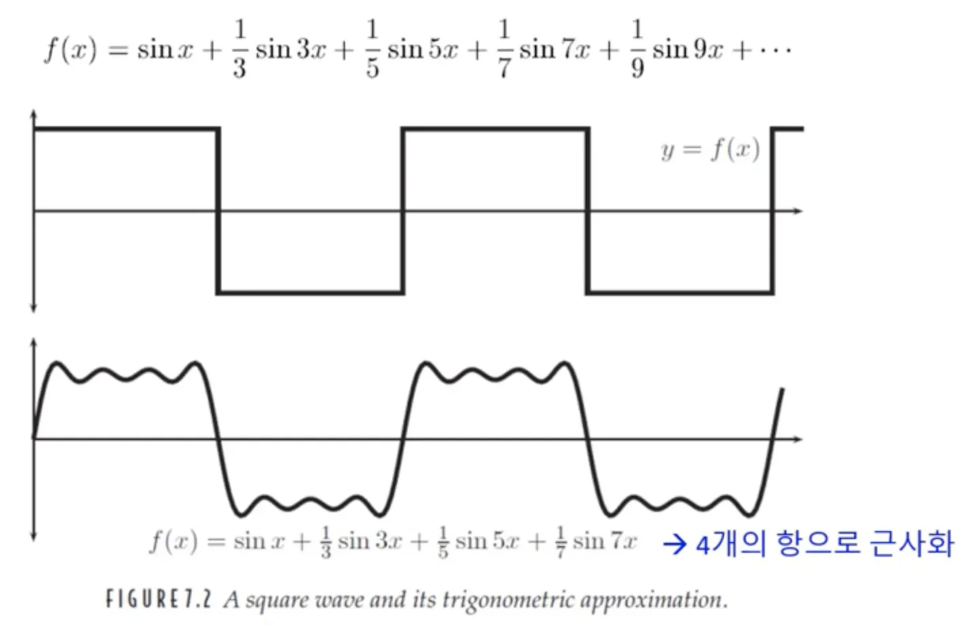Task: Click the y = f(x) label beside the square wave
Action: pyautogui.click(x=710, y=149)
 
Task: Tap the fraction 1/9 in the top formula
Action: pyautogui.click(x=636, y=49)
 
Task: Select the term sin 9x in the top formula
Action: pyautogui.click(x=688, y=50)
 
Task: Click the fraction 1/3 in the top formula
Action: pyautogui.click(x=239, y=49)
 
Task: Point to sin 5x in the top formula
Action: pyautogui.click(x=422, y=50)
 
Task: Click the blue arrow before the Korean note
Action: pyautogui.click(x=674, y=545)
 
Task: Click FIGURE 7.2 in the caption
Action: pyautogui.click(x=158, y=599)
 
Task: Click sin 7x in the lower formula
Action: pyautogui.click(x=604, y=541)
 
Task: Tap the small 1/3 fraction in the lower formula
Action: pyautogui.click(x=326, y=542)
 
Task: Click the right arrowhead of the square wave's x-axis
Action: pyautogui.click(x=799, y=211)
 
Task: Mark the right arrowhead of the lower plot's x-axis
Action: pyautogui.click(x=799, y=439)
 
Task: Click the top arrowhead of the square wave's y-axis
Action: pyautogui.click(x=33, y=114)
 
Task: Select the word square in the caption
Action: pyautogui.click(x=278, y=600)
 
